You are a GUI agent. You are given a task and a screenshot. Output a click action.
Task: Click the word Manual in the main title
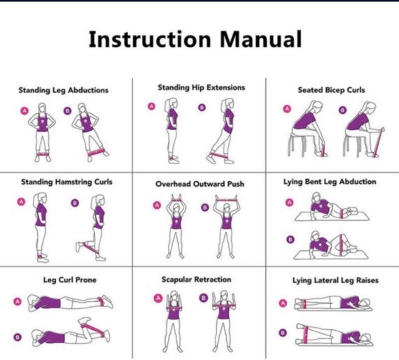(x=261, y=39)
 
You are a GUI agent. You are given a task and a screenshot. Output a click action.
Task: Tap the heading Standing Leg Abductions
(x=63, y=90)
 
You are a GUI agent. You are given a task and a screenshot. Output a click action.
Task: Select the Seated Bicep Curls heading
(x=331, y=90)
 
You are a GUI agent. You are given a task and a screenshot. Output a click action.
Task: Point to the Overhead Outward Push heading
(x=200, y=184)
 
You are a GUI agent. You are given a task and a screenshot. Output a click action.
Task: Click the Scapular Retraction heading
(x=196, y=279)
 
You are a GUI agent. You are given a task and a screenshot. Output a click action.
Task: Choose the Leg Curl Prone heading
(x=70, y=280)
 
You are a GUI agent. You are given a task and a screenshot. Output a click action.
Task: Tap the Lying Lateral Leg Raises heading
(x=335, y=280)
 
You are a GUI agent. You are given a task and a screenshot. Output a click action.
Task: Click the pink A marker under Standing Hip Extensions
(x=151, y=106)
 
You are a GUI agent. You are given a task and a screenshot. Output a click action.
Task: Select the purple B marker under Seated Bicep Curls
(x=342, y=110)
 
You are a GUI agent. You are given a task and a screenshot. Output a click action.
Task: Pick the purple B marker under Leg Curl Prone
(x=18, y=337)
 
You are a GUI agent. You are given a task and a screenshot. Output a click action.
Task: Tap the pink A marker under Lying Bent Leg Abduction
(x=290, y=203)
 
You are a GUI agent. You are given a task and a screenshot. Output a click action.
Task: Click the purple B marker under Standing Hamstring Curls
(x=75, y=203)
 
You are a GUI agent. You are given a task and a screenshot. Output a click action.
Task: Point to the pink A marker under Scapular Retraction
(x=158, y=298)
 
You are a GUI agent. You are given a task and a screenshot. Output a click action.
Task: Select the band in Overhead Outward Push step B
(x=226, y=200)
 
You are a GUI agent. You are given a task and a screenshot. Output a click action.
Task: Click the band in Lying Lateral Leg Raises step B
(x=305, y=335)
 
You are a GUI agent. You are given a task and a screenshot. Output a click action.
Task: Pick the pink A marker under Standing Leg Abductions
(x=24, y=111)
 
